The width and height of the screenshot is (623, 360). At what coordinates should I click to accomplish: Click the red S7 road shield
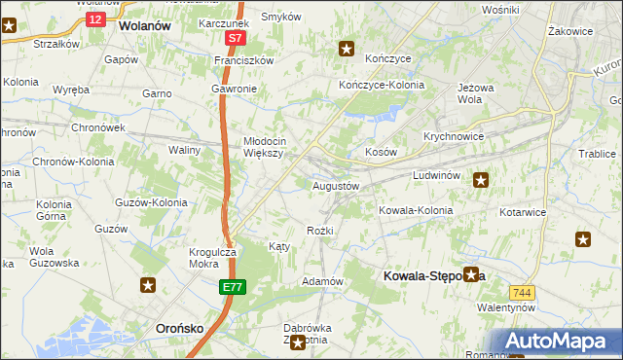[x=235, y=39]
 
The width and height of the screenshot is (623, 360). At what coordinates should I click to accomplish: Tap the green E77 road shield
[x=232, y=288]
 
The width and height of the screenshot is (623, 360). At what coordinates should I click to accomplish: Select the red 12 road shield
[x=93, y=19]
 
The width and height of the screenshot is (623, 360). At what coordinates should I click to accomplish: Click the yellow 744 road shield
[x=521, y=292]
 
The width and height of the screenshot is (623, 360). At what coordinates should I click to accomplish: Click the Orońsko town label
[x=180, y=329]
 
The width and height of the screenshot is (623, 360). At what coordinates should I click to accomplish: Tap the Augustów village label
[x=336, y=185]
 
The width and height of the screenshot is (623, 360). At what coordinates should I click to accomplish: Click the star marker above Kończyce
[x=346, y=48]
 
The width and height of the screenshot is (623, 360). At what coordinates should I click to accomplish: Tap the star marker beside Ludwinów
[x=481, y=179]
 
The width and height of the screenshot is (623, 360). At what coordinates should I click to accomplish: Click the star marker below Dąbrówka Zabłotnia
[x=298, y=342]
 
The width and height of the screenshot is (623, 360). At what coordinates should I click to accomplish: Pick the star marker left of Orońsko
[x=148, y=285]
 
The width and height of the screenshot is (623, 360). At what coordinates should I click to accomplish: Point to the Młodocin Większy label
[x=263, y=146]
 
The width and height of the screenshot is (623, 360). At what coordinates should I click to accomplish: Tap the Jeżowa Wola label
[x=470, y=93]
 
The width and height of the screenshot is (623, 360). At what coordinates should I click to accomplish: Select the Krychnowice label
[x=454, y=137]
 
